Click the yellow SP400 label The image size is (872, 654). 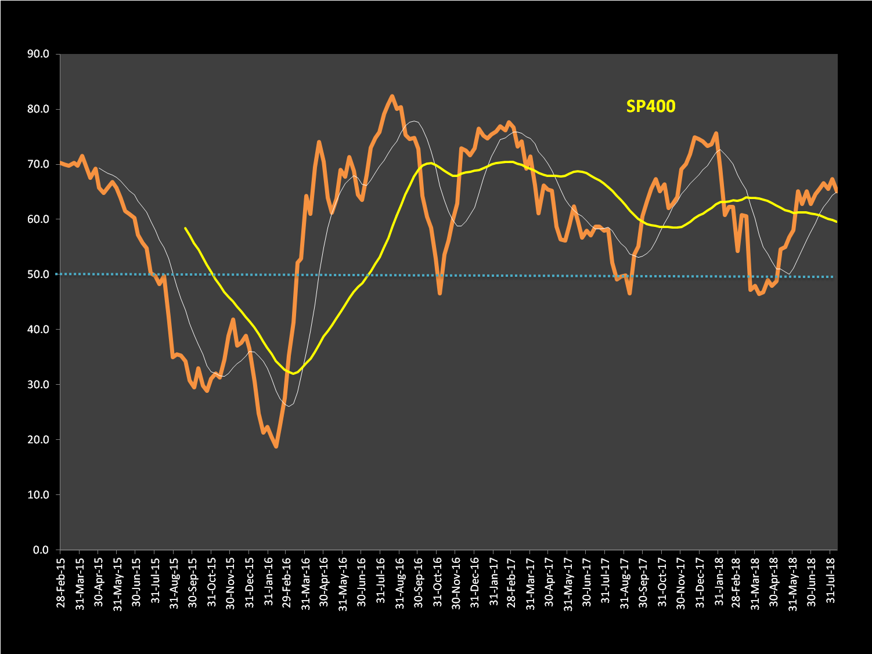point(650,106)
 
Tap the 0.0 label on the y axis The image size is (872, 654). point(41,550)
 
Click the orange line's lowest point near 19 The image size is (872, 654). point(276,446)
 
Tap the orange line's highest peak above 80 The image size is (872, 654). point(392,96)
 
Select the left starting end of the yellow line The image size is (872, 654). point(185,228)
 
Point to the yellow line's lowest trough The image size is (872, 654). point(293,373)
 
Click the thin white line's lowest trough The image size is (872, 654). point(288,406)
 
